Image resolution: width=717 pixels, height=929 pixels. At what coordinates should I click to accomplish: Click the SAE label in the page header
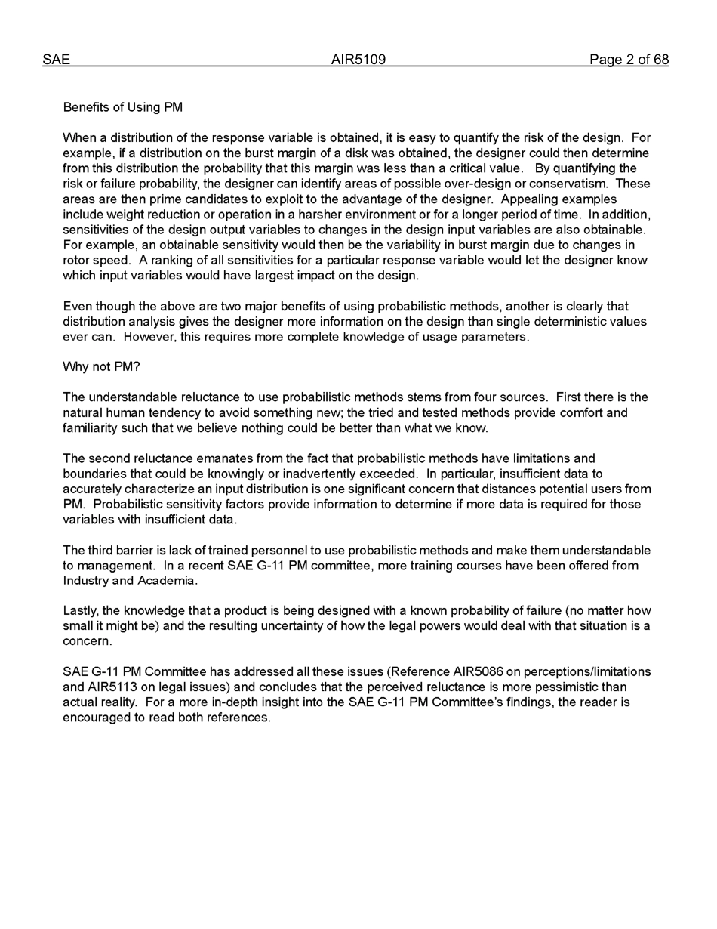pyautogui.click(x=56, y=60)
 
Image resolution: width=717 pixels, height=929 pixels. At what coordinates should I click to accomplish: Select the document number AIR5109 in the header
pyautogui.click(x=358, y=60)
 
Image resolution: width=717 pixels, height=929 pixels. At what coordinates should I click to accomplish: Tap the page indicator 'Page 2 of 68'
pyautogui.click(x=629, y=60)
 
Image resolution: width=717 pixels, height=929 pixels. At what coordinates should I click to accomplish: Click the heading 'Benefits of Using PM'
pyautogui.click(x=122, y=107)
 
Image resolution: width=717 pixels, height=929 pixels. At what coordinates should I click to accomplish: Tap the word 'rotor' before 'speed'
pyautogui.click(x=76, y=261)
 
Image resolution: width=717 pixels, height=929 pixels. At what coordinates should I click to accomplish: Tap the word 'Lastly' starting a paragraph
pyautogui.click(x=80, y=611)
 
